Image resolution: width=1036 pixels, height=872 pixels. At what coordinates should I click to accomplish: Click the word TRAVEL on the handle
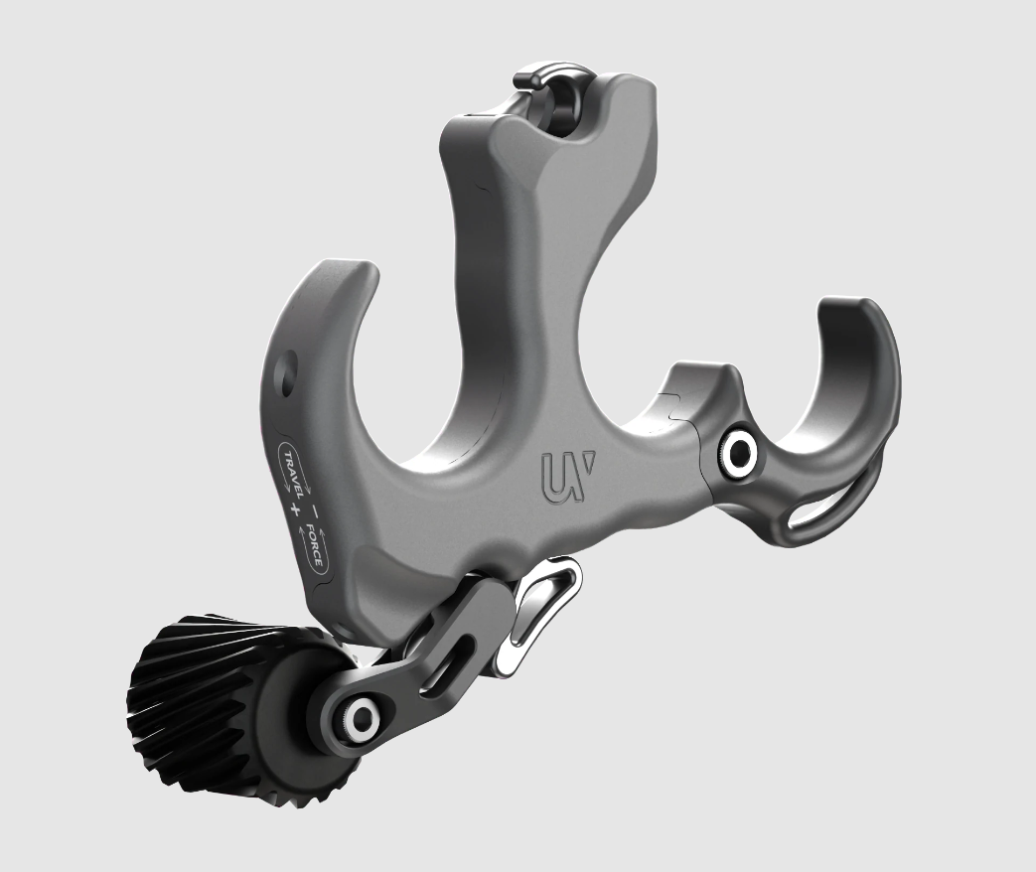click(x=295, y=470)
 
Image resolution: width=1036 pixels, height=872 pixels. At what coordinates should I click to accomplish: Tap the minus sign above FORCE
click(x=314, y=505)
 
